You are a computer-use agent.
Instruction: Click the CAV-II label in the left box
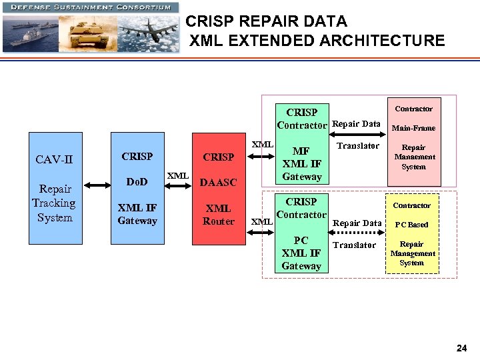click(x=53, y=159)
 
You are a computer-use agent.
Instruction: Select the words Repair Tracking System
click(x=53, y=203)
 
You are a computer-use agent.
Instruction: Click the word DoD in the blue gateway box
click(x=137, y=181)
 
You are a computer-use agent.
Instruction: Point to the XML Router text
click(x=218, y=215)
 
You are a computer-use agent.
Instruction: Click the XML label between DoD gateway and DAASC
click(x=177, y=175)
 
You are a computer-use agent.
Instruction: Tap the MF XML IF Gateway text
click(x=301, y=164)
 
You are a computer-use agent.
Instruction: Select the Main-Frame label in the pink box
click(x=413, y=128)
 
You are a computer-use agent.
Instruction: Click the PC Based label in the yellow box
click(x=411, y=225)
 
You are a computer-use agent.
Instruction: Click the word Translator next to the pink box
click(x=358, y=145)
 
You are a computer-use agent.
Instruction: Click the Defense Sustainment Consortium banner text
click(x=90, y=7)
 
